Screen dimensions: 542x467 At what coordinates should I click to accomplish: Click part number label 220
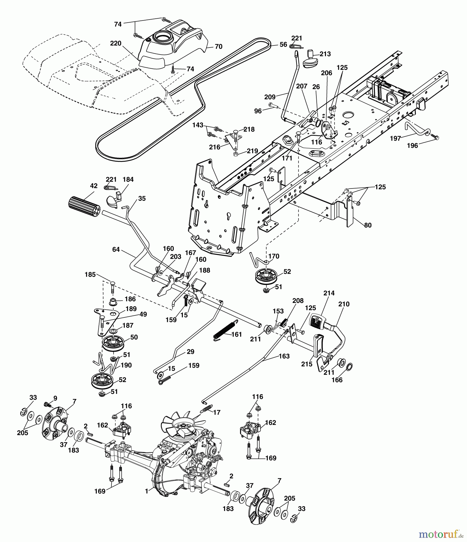(x=116, y=43)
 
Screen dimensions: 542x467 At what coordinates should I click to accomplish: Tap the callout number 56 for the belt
(x=283, y=44)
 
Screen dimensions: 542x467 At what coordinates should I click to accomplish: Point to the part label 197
(x=395, y=138)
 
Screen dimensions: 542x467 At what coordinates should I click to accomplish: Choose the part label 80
(x=368, y=225)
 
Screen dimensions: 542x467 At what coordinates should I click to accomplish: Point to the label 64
(x=116, y=249)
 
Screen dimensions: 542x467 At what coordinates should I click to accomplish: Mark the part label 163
(x=284, y=356)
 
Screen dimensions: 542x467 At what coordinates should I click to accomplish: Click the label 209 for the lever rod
(x=270, y=97)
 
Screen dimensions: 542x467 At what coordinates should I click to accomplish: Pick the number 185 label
(x=90, y=275)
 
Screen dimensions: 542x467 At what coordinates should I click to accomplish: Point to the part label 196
(x=412, y=145)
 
